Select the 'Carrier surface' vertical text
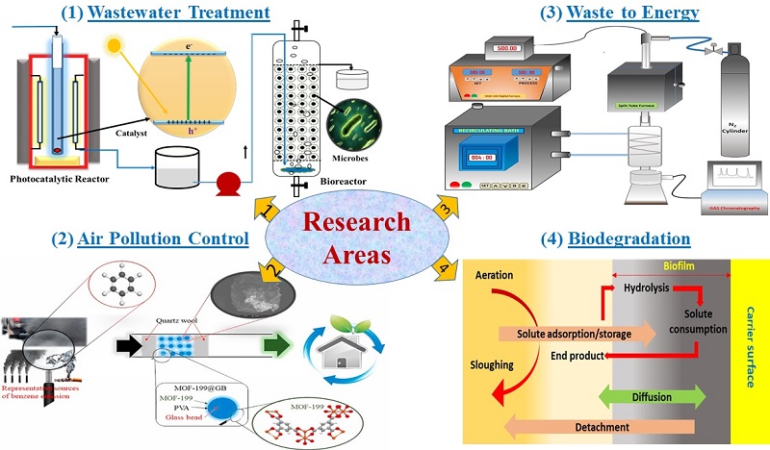[750, 347]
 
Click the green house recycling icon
[346, 342]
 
